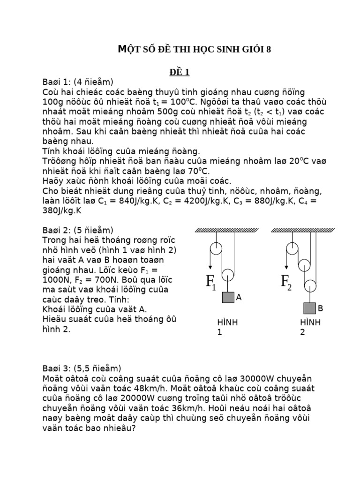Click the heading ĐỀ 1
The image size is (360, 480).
pyautogui.click(x=180, y=72)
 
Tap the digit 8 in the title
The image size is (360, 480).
pyautogui.click(x=269, y=50)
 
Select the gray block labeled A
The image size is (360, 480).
pyautogui.click(x=228, y=298)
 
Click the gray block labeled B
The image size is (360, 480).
pyautogui.click(x=309, y=308)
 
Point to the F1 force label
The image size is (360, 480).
pyautogui.click(x=211, y=282)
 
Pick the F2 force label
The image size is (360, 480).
pyautogui.click(x=286, y=282)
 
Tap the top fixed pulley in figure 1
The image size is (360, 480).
pyautogui.click(x=216, y=248)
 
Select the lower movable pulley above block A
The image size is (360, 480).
pyautogui.click(x=228, y=275)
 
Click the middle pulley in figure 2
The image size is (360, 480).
pyautogui.click(x=304, y=265)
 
